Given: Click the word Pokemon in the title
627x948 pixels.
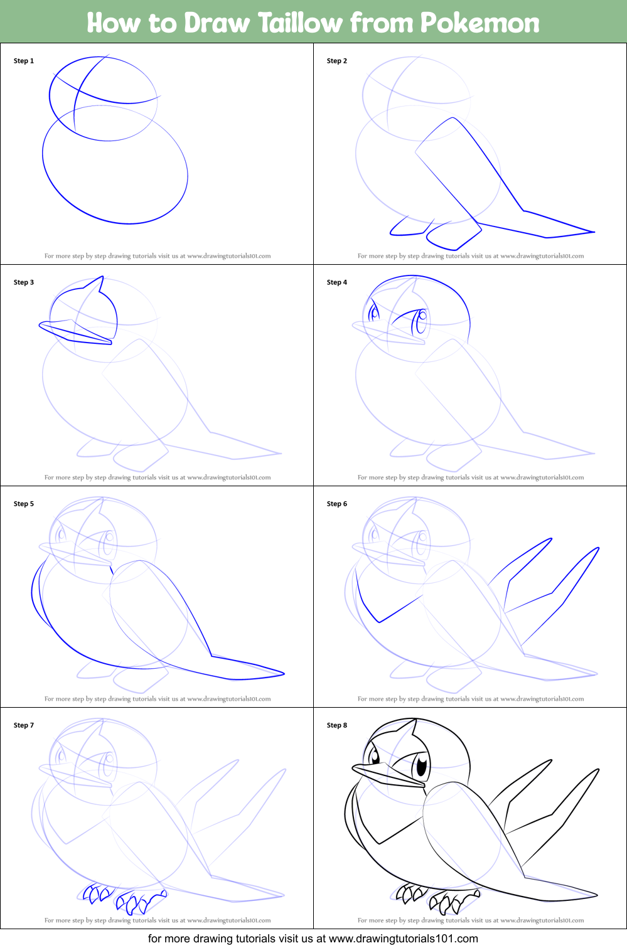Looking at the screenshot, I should click(480, 23).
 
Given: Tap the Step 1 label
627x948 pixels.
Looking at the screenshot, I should click(24, 61).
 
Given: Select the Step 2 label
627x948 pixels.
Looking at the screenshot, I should click(337, 61).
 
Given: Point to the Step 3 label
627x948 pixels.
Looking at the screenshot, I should click(24, 282).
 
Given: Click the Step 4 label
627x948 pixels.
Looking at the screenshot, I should click(337, 282).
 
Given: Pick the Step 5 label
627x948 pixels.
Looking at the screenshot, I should click(24, 504).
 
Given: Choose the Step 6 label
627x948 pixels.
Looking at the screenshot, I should click(337, 504).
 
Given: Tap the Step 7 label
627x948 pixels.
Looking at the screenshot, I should click(24, 725).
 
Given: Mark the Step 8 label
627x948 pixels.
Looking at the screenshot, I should click(337, 725).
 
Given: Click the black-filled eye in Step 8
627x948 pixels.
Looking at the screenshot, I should click(421, 765).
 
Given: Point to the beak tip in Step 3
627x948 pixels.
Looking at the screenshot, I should click(41, 324).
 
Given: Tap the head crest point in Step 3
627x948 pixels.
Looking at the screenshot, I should click(102, 277).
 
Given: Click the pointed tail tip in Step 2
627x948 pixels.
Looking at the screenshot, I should click(593, 232).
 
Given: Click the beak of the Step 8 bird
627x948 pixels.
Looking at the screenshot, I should click(383, 773).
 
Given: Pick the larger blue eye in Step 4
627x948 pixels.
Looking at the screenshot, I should click(421, 322).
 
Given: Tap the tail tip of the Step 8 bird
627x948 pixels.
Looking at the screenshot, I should click(596, 895).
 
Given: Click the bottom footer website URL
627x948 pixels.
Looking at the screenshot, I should click(403, 939).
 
